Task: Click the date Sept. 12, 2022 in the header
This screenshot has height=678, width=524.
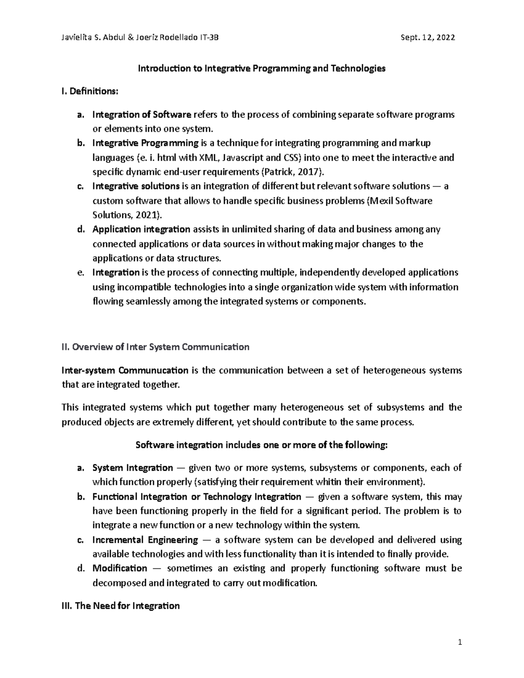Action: pyautogui.click(x=427, y=38)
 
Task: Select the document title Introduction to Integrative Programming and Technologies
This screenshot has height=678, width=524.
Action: pyautogui.click(x=262, y=69)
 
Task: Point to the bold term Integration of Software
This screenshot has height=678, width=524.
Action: pyautogui.click(x=141, y=115)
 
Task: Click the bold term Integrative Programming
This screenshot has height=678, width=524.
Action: pyautogui.click(x=145, y=143)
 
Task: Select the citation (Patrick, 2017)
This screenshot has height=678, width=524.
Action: pyautogui.click(x=292, y=172)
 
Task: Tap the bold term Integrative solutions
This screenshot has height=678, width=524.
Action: pyautogui.click(x=136, y=186)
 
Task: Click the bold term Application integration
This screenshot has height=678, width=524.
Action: pyautogui.click(x=141, y=229)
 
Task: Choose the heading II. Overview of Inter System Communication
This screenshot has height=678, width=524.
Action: pyautogui.click(x=155, y=347)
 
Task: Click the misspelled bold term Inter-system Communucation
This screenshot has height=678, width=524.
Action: pyautogui.click(x=125, y=371)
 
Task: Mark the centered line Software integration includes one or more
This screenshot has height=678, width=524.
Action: pyautogui.click(x=262, y=445)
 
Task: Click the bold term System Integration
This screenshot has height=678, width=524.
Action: pyautogui.click(x=132, y=468)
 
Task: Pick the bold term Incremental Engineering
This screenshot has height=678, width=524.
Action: pyautogui.click(x=145, y=540)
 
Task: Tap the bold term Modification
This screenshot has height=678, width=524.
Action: pyautogui.click(x=120, y=568)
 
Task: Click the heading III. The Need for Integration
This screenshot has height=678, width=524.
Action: pyautogui.click(x=121, y=606)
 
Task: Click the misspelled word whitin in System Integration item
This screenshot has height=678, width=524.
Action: pyautogui.click(x=329, y=482)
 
